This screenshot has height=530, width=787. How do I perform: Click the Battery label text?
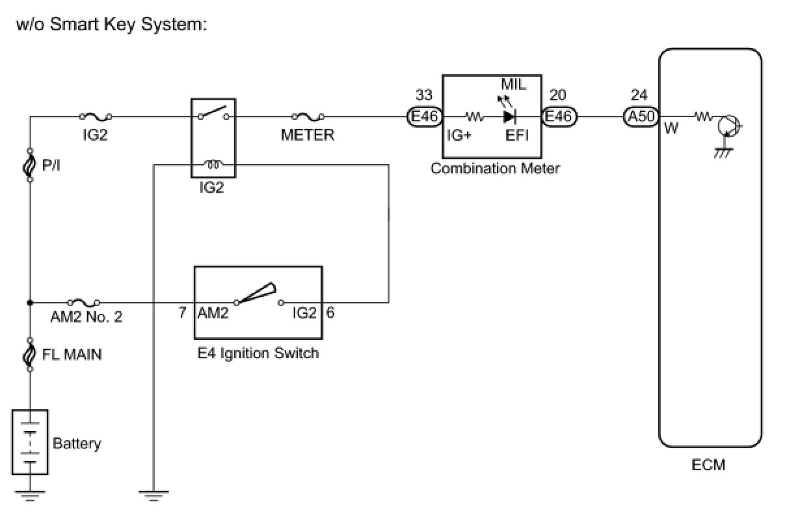pyautogui.click(x=77, y=444)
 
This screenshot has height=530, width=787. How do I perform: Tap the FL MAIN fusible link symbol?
pyautogui.click(x=30, y=355)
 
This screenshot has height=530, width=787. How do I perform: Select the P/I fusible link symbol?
pyautogui.click(x=30, y=166)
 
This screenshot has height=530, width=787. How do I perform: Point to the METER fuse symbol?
pyautogui.click(x=308, y=117)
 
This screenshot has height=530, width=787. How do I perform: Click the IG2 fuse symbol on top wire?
pyautogui.click(x=94, y=117)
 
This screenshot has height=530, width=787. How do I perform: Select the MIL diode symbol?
pyautogui.click(x=510, y=117)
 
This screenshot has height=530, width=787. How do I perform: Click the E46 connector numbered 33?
pyautogui.click(x=425, y=117)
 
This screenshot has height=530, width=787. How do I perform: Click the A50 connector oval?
pyautogui.click(x=640, y=117)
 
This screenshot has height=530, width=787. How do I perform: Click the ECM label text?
pyautogui.click(x=708, y=465)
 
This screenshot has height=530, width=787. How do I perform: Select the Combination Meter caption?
pyautogui.click(x=495, y=169)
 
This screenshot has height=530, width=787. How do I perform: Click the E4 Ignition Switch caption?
pyautogui.click(x=258, y=354)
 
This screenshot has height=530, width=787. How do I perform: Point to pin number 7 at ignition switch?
pyautogui.click(x=183, y=313)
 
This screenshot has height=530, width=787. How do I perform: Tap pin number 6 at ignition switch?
pyautogui.click(x=330, y=313)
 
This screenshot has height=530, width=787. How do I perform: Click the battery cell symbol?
pyautogui.click(x=30, y=443)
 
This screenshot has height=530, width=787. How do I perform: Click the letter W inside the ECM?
pyautogui.click(x=672, y=129)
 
